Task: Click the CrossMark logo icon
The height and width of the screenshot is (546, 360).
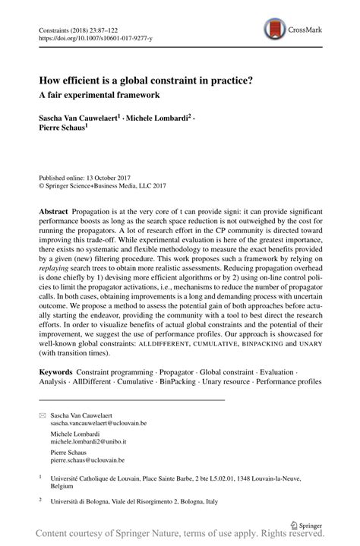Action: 275,30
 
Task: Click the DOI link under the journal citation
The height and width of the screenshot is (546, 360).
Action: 94,35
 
